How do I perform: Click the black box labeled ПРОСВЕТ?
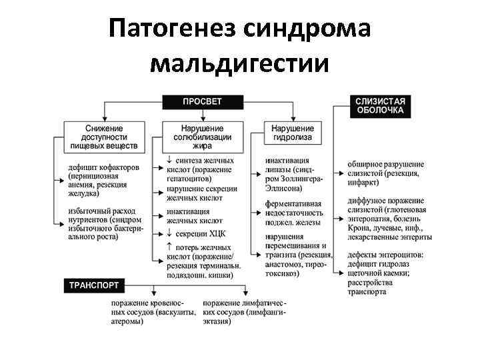[x=203, y=101]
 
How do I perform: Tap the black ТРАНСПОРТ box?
[x=94, y=285]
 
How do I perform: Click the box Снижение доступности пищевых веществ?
[x=104, y=135]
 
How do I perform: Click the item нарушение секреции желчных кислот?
[x=204, y=193]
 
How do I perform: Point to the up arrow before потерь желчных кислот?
[x=170, y=247]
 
